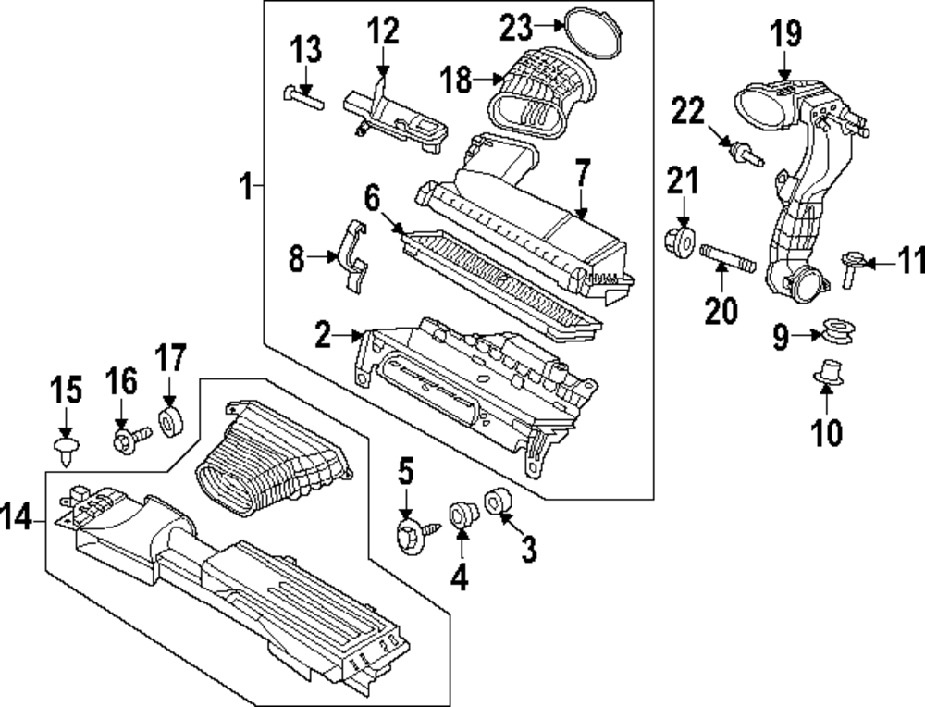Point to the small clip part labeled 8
[354, 258]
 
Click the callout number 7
[581, 173]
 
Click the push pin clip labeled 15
[65, 453]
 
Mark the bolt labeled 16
[129, 439]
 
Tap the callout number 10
[827, 432]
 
